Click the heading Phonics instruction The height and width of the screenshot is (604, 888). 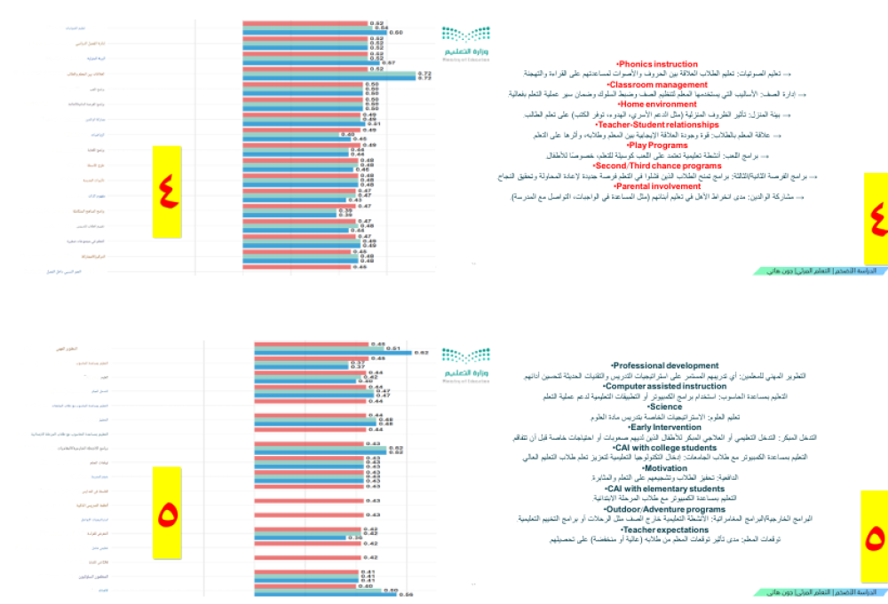click(658, 64)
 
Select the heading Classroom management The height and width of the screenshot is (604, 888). click(658, 84)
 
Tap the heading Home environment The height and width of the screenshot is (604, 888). click(658, 105)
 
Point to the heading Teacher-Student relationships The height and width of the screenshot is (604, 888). click(658, 125)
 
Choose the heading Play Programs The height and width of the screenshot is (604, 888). click(658, 145)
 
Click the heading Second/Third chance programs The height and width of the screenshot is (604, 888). click(658, 165)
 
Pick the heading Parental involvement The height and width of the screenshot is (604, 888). click(658, 186)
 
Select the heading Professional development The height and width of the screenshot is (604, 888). click(665, 365)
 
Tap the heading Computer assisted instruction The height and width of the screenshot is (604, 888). click(665, 386)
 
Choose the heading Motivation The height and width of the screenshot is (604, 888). click(665, 467)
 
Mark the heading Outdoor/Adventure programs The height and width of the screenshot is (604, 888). click(665, 509)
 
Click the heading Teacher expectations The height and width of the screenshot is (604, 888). click(665, 529)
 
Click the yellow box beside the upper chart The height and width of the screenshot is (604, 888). click(166, 191)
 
